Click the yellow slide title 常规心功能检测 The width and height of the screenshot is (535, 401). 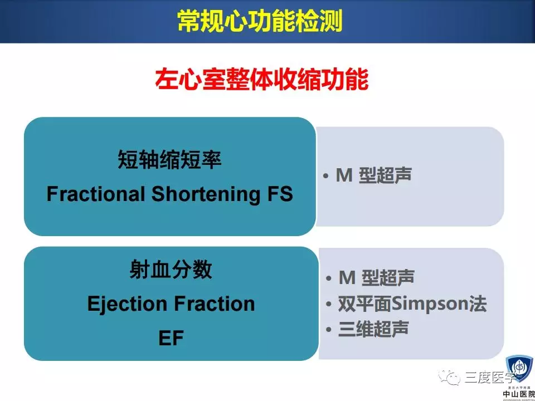point(260,22)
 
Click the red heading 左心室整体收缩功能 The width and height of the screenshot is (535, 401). point(262,80)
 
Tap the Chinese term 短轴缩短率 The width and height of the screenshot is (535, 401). point(169,160)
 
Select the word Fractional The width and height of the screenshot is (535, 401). point(96,194)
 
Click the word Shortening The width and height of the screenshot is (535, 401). point(205,194)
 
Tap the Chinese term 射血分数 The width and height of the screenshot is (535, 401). point(171,270)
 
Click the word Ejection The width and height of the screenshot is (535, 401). point(128,304)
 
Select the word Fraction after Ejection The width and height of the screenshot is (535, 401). point(215,304)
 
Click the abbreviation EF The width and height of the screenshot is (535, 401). point(171,338)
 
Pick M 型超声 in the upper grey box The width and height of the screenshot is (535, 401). point(373,175)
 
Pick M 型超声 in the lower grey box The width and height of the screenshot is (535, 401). point(377,277)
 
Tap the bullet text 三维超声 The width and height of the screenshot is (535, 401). point(373,329)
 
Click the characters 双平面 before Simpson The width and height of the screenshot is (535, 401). point(364,304)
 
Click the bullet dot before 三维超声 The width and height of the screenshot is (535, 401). point(329,330)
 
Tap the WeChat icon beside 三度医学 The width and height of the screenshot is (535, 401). point(449,378)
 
